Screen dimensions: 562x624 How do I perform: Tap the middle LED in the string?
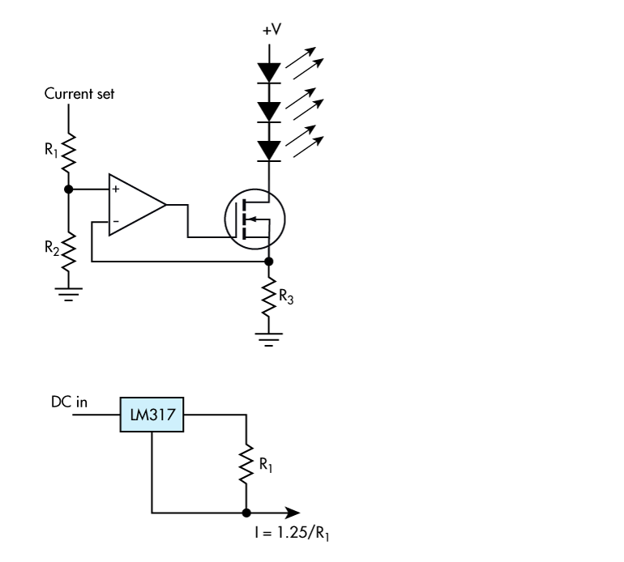coord(269,109)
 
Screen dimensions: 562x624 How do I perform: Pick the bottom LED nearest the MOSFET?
coord(269,149)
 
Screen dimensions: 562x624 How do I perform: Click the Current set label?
coord(80,95)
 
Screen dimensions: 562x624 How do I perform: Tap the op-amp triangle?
coord(135,204)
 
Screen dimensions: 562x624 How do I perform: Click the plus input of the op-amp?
coord(116,189)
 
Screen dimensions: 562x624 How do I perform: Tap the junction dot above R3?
coord(269,262)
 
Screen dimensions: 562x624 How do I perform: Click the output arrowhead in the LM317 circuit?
coord(292,513)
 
